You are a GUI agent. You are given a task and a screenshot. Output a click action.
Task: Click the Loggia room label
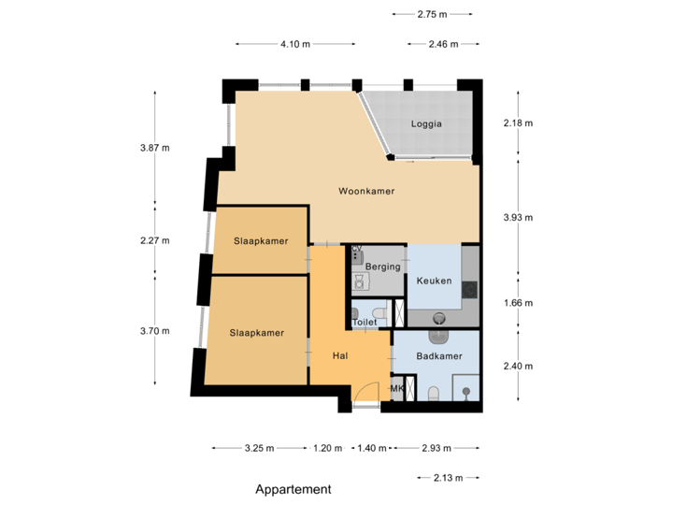click(425, 123)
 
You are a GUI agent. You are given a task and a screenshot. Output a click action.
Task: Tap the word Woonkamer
click(365, 191)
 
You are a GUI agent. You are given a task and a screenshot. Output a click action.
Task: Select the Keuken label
click(435, 281)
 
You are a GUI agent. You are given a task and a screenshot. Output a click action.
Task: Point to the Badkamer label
click(439, 356)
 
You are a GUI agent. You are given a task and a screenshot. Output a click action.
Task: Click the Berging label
click(382, 267)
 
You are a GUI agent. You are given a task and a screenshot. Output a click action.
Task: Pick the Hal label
click(340, 355)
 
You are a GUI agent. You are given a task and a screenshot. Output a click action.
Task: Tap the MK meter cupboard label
click(397, 389)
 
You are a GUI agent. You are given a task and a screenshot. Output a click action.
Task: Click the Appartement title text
click(294, 489)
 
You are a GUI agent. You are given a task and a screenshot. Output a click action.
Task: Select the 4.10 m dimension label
click(295, 44)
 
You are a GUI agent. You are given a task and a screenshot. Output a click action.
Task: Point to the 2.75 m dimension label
click(432, 14)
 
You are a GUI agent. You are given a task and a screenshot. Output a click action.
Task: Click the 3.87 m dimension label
click(153, 148)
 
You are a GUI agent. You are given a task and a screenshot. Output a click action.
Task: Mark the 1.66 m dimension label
click(517, 303)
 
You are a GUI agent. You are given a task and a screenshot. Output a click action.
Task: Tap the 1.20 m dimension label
click(327, 448)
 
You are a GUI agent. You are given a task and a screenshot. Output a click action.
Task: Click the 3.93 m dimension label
click(517, 217)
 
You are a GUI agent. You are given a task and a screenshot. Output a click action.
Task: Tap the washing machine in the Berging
click(358, 281)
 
